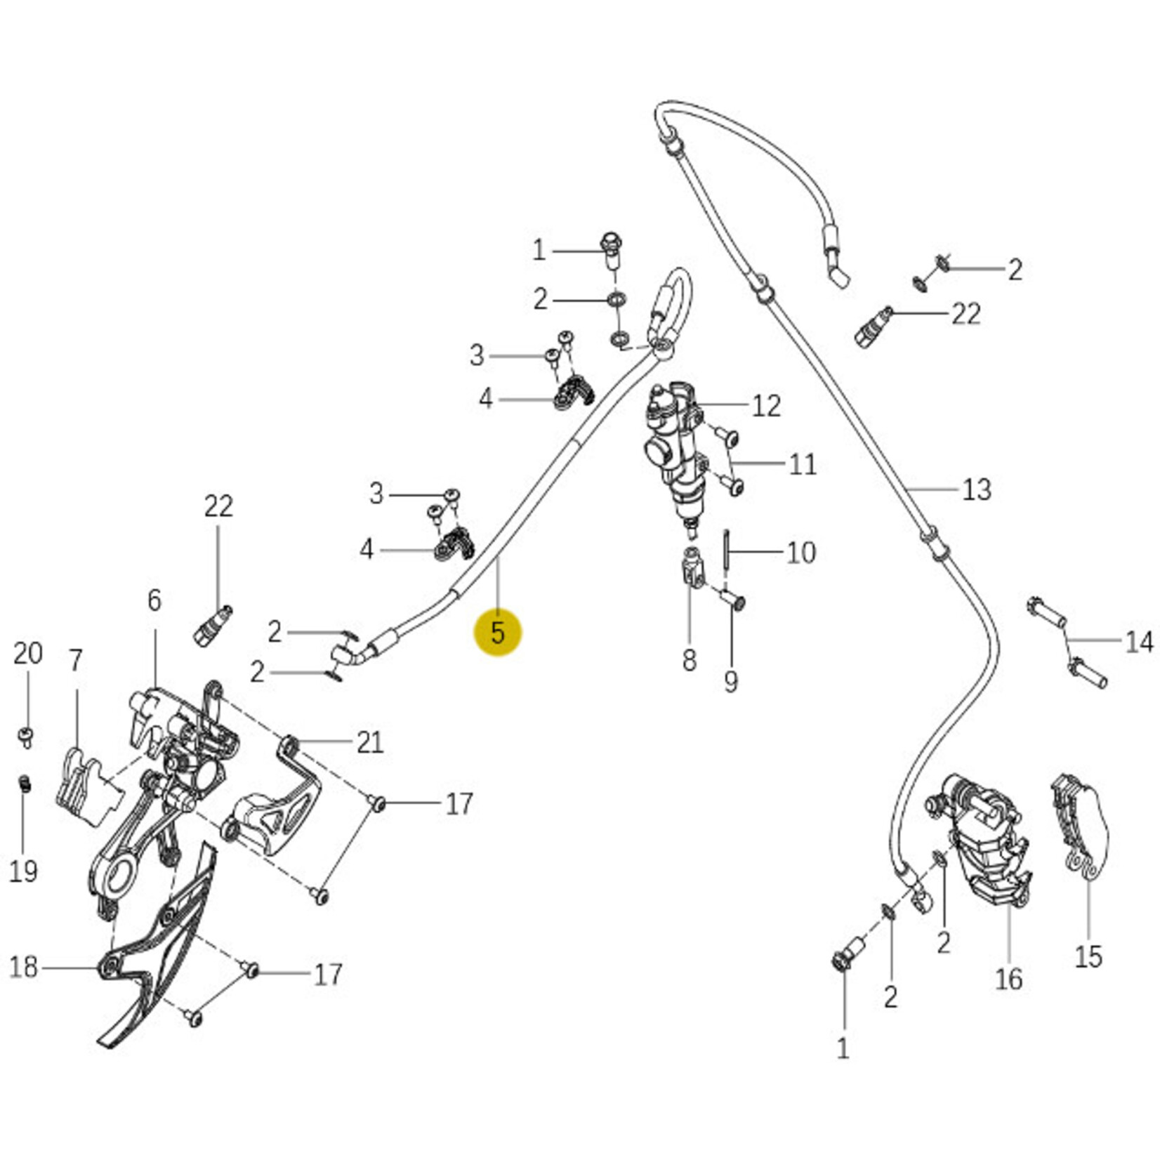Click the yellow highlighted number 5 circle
pos(498,633)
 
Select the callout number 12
pos(766,406)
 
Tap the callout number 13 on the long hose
pos(976,489)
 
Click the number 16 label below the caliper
pos(1008,979)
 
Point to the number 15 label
pos(1088,956)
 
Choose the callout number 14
pos(1138,642)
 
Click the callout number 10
pos(800,553)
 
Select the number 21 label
pos(370,742)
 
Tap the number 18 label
pos(23,967)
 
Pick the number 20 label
pos(27,654)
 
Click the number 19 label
pos(22,871)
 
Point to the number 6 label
pos(154,600)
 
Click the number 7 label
pos(75,660)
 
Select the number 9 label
pos(731,681)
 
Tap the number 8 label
pos(689,660)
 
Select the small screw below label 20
pos(26,737)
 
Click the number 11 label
pos(803,464)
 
